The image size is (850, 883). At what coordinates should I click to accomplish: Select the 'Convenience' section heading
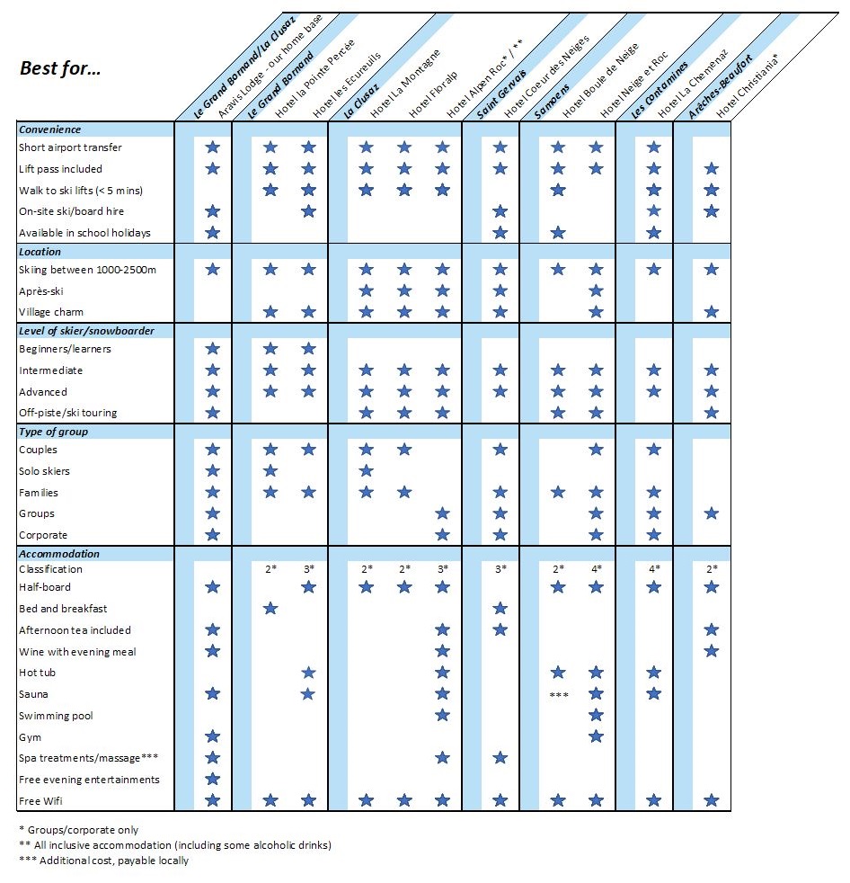50,129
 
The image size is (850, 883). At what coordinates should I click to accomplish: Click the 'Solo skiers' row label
44,471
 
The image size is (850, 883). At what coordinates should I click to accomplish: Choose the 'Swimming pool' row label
56,716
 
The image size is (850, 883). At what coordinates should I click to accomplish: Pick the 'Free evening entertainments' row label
89,780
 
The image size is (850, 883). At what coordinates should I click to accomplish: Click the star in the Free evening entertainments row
213,780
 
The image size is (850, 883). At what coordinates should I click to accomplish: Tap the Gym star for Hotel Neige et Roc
596,737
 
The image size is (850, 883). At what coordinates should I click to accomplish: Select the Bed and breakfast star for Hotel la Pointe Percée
270,609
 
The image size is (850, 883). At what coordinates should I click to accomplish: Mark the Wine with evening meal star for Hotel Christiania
712,651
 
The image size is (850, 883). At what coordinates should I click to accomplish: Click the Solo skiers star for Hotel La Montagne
366,471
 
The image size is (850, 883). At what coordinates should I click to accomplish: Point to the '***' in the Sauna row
558,695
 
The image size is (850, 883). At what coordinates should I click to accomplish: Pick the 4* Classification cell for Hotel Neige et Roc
596,569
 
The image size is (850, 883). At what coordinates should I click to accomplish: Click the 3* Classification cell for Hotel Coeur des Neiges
500,569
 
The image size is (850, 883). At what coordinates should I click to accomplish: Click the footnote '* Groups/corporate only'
78,829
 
